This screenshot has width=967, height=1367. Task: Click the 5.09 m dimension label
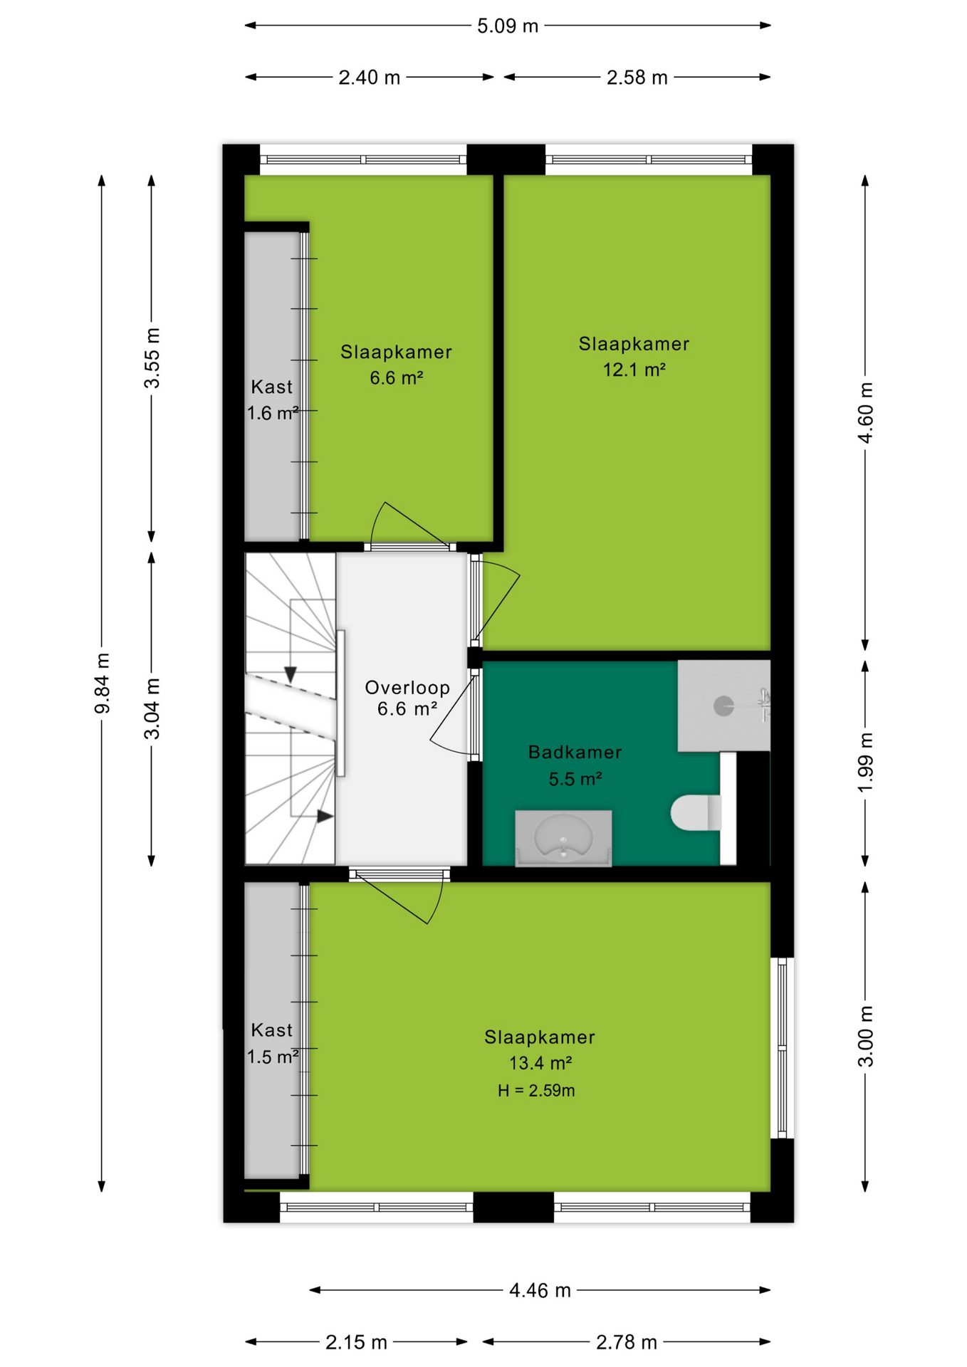[x=507, y=26]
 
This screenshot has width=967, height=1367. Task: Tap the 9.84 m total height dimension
[x=103, y=683]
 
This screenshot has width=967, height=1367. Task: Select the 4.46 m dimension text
[x=540, y=1290]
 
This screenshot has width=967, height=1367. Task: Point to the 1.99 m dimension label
[x=865, y=762]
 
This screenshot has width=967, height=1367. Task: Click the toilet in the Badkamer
[x=696, y=813]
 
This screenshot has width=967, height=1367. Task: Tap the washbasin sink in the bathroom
[x=563, y=837]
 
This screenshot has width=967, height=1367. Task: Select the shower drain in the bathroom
[x=723, y=706]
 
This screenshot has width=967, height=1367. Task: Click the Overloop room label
[x=407, y=688]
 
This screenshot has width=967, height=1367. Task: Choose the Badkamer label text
[x=575, y=752]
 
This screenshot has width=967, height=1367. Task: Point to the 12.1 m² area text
[x=634, y=370]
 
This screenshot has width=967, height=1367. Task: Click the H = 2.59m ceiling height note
[x=536, y=1090]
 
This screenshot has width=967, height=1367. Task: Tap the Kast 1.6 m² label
[x=272, y=400]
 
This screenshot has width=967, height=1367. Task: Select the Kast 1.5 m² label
[x=272, y=1044]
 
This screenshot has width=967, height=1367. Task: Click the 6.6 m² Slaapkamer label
[x=396, y=365]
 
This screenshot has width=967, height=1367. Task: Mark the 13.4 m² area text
[x=540, y=1063]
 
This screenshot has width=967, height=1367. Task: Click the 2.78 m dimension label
[x=626, y=1342]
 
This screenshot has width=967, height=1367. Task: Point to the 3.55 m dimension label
[x=152, y=358]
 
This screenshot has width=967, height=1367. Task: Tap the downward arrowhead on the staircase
[x=290, y=674]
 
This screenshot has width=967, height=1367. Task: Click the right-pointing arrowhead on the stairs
[x=325, y=816]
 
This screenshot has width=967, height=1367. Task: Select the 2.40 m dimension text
[x=369, y=78]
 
